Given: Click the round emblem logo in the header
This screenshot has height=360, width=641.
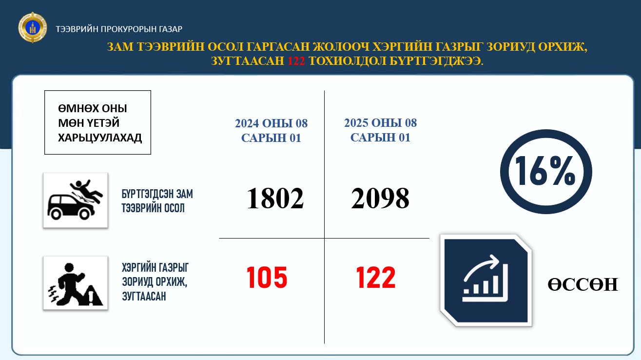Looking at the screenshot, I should coord(33,27).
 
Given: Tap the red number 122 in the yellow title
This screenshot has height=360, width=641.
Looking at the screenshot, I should coord(296,61).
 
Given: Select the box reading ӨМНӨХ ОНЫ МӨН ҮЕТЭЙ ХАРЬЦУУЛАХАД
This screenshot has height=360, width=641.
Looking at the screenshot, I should coord(97,122).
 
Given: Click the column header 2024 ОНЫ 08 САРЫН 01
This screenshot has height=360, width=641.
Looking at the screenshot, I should coord(271,130).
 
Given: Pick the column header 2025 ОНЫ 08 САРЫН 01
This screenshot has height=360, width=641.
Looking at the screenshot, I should coord(380,130).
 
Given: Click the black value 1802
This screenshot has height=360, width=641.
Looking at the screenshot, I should coord(275,199).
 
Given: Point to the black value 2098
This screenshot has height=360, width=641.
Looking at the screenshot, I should coord(380,199).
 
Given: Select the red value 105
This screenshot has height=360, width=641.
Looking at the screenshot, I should coord(267,278).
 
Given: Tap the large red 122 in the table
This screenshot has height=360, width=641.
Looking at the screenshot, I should coord(376,278).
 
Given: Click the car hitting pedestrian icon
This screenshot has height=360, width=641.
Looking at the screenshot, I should coord(75,200).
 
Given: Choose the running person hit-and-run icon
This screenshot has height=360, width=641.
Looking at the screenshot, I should coord(75,283).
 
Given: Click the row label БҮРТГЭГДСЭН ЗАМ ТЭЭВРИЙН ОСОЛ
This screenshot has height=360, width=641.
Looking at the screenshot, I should coord(157,201).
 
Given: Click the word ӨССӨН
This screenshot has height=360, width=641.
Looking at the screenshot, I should coord(582,285).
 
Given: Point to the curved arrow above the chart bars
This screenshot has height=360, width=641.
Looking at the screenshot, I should coord(485,268).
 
